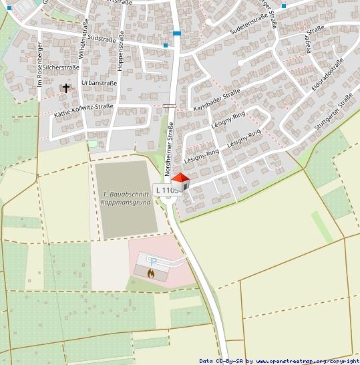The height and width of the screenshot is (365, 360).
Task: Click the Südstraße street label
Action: [102, 38]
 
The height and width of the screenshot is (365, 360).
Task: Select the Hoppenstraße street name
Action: [121, 49]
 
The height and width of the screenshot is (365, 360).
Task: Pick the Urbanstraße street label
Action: [99, 83]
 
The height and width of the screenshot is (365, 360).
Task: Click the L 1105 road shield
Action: [166, 190]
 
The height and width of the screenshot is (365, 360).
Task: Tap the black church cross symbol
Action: [65, 88]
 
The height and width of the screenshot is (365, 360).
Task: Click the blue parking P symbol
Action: [153, 262]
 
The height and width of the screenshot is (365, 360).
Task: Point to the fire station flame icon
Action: [151, 273]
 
